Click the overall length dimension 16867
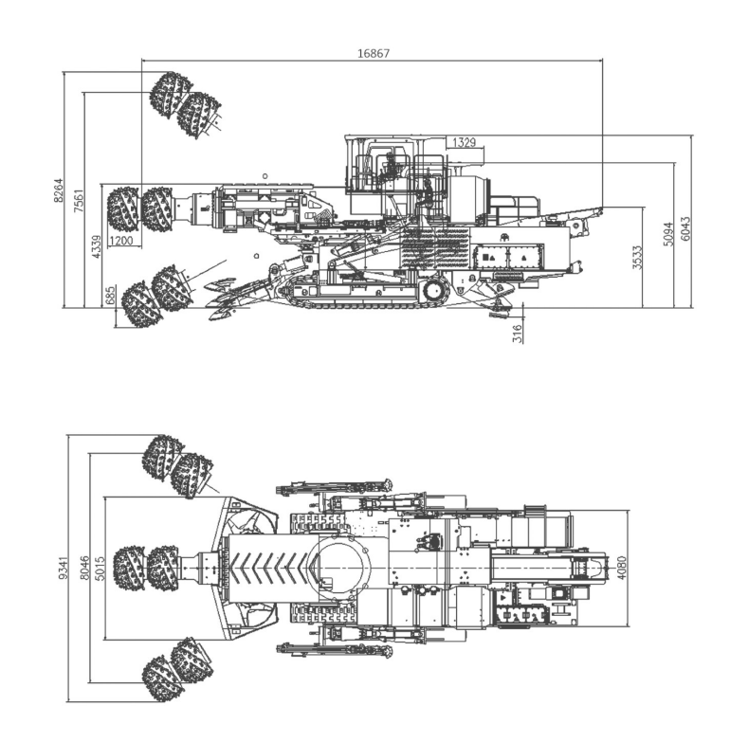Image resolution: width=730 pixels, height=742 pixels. pyautogui.click(x=373, y=53)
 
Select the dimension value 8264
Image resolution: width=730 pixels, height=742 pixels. pyautogui.click(x=58, y=190)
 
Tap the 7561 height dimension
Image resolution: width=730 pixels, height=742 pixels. pyautogui.click(x=79, y=201)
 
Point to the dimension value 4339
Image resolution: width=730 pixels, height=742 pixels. pyautogui.click(x=96, y=246)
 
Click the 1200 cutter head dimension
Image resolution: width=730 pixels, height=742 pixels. pyautogui.click(x=120, y=241)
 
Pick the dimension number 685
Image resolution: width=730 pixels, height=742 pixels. pyautogui.click(x=111, y=296)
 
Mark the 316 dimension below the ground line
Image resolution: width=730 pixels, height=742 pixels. pyautogui.click(x=518, y=334)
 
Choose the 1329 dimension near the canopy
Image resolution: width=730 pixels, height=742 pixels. pyautogui.click(x=464, y=142)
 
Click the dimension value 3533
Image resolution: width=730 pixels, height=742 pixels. pyautogui.click(x=638, y=258)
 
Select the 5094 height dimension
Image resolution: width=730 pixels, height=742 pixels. pyautogui.click(x=668, y=234)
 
